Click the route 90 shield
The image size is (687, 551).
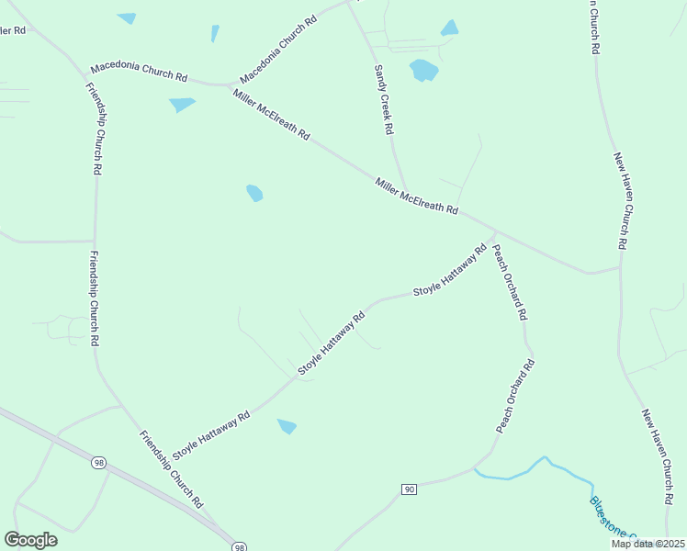[x=410, y=489]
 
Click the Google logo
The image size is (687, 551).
[x=30, y=540]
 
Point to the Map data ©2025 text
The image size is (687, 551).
[x=648, y=544]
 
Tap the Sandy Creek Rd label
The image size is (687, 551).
[x=384, y=100]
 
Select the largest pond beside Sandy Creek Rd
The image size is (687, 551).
[x=423, y=70]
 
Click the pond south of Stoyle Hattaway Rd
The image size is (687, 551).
[x=287, y=426]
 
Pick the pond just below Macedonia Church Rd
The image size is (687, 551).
[x=182, y=105]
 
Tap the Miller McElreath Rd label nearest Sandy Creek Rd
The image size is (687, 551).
[x=416, y=197]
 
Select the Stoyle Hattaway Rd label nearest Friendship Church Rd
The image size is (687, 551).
[x=211, y=436]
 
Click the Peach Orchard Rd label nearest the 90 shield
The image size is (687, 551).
[x=515, y=396]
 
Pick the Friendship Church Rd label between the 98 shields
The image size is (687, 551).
[x=171, y=469]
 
